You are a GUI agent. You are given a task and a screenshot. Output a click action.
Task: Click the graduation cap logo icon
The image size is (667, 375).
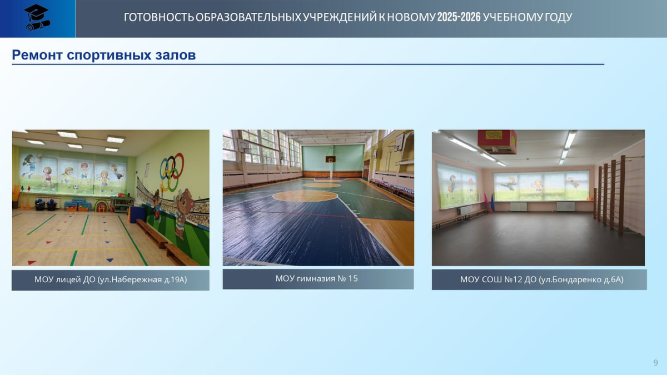[x=37, y=17]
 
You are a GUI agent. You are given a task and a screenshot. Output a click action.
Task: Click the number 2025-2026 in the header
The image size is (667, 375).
[x=459, y=17]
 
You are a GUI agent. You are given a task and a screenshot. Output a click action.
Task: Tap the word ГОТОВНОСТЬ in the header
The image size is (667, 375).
[x=158, y=17]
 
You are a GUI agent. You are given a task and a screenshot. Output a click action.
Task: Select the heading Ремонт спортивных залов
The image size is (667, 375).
[x=103, y=55]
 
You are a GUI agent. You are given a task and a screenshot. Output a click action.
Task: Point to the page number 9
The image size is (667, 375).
[x=655, y=363]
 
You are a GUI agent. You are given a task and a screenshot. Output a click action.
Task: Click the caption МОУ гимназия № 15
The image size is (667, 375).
[x=317, y=278]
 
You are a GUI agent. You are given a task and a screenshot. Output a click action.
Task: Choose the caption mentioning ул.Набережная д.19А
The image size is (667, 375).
[x=110, y=279]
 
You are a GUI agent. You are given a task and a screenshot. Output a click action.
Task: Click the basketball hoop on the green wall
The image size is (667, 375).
[x=331, y=161]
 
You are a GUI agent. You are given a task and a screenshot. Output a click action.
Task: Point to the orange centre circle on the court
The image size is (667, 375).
[x=305, y=196]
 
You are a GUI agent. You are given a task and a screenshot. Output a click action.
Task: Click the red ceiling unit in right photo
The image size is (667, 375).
[x=497, y=141]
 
